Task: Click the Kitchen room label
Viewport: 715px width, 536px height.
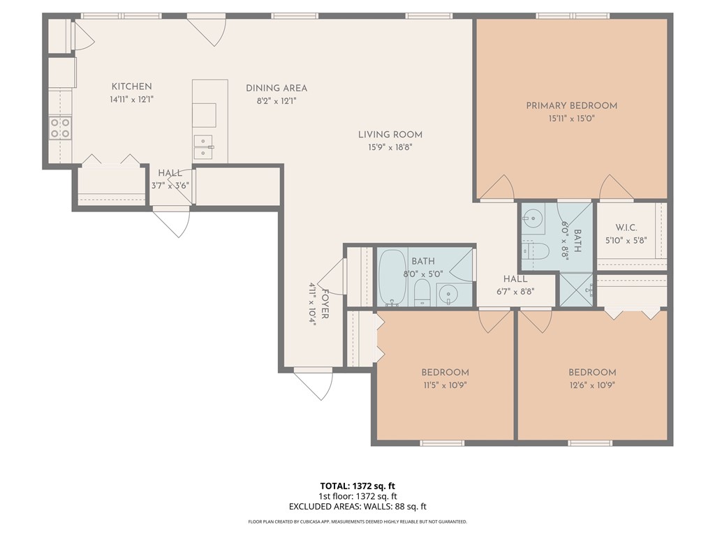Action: tap(131, 87)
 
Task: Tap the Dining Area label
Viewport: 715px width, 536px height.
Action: tap(277, 89)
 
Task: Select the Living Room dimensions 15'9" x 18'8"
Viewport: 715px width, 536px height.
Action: tap(390, 147)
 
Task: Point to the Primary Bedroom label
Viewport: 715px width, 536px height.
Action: tap(571, 105)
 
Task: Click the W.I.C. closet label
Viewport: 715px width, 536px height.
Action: tap(626, 228)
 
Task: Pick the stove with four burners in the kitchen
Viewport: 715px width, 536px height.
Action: tap(61, 128)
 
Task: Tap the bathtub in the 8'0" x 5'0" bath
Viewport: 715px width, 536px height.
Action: tap(392, 277)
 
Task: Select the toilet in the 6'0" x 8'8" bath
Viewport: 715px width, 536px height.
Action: tap(536, 251)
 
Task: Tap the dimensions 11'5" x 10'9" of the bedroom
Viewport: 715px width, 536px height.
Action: tap(445, 385)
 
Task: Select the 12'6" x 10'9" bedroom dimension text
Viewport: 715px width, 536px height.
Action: tap(592, 385)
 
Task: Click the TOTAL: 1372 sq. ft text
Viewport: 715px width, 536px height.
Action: tap(357, 486)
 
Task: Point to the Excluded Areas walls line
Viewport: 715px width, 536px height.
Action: tap(357, 507)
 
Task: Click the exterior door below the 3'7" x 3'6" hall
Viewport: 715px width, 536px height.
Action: tap(171, 220)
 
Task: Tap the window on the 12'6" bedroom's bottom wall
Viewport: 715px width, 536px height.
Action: tap(590, 442)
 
